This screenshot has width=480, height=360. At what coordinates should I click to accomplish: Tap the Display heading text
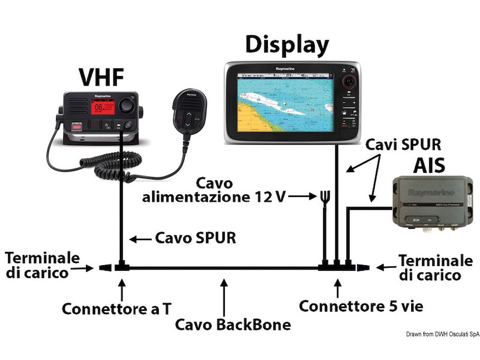point(287,45)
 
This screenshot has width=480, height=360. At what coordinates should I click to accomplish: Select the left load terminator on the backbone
point(105,268)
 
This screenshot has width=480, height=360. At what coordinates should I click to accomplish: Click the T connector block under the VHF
point(122,267)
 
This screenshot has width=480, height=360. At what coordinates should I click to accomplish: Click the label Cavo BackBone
point(233,324)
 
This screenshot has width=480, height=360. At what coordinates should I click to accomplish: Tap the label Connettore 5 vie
point(361,306)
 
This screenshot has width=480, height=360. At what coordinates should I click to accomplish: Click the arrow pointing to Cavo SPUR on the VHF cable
point(140,239)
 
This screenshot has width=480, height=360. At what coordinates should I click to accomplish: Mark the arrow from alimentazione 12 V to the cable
point(302,196)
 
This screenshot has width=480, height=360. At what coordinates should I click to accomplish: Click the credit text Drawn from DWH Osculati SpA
point(442,334)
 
